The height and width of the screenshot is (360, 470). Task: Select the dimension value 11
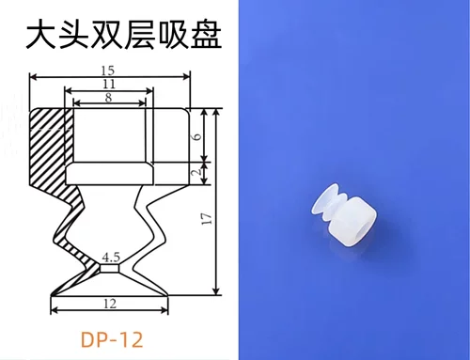click(109, 85)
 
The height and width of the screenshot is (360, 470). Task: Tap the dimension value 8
click(109, 97)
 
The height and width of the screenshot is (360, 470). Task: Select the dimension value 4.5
click(111, 256)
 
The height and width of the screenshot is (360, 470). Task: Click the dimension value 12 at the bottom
click(110, 303)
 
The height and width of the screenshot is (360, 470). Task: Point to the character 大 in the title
click(40, 35)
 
